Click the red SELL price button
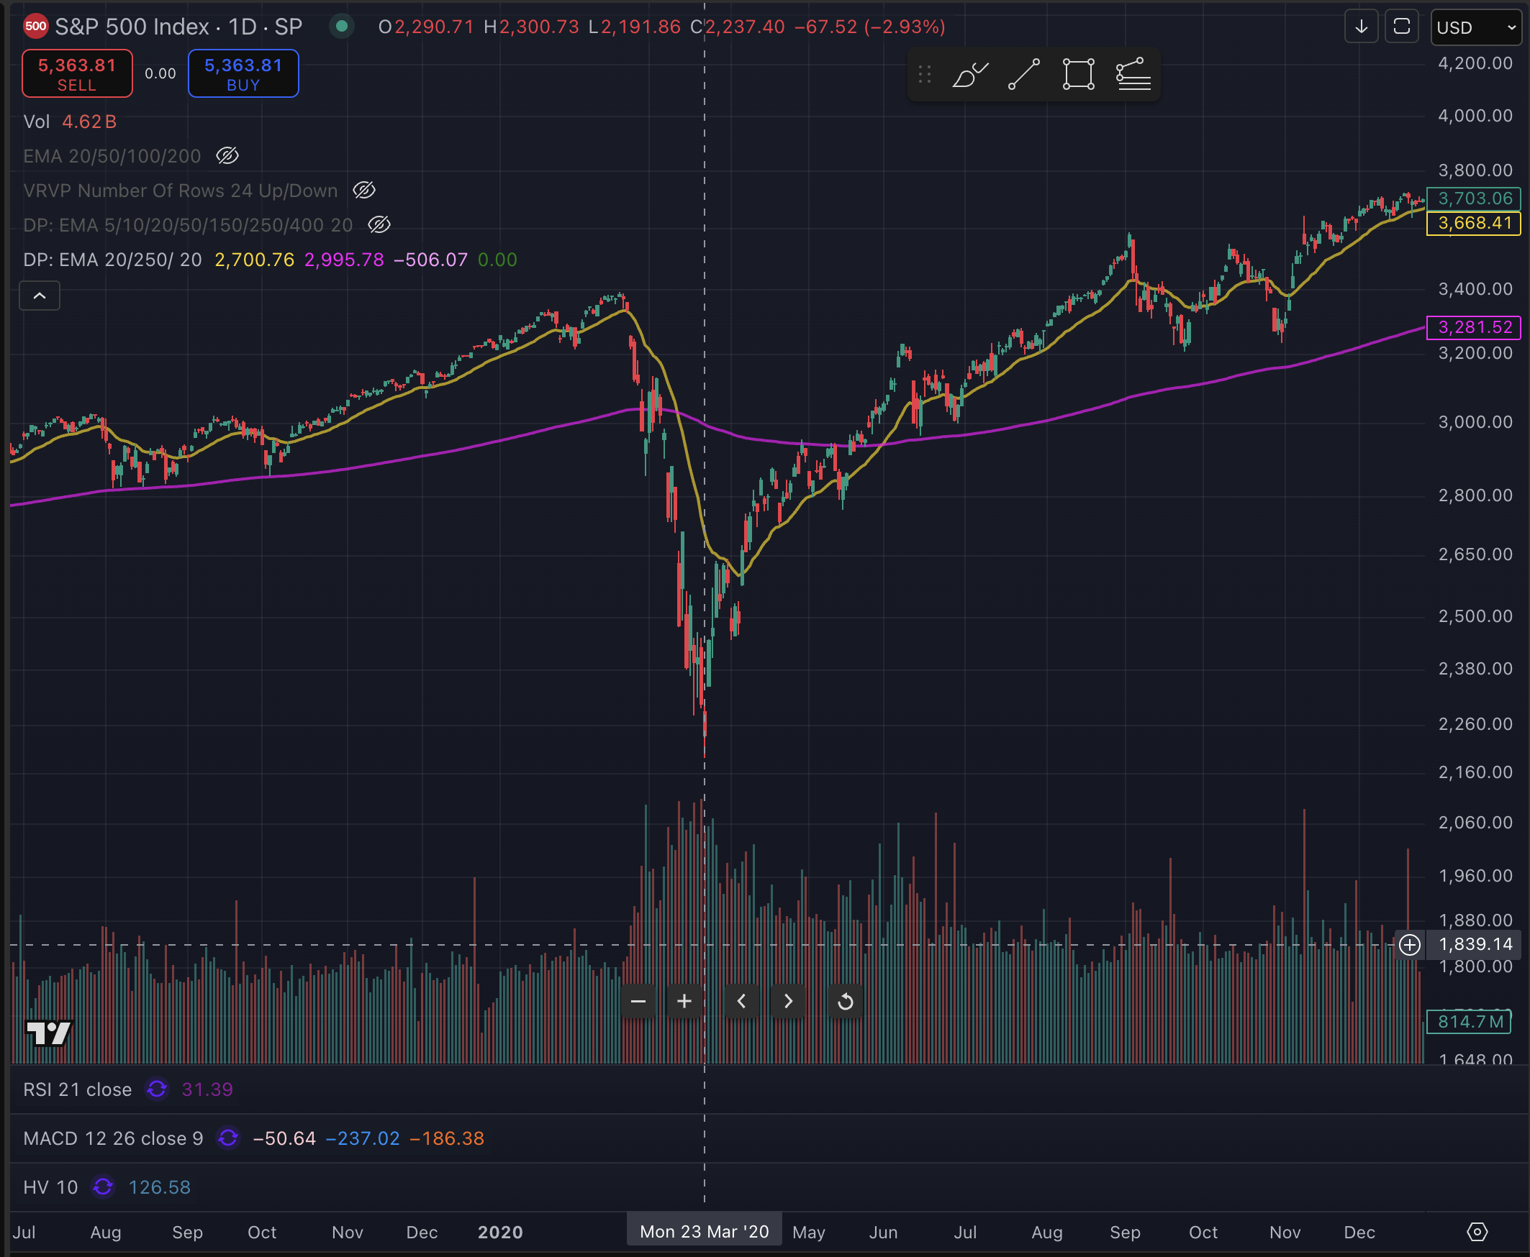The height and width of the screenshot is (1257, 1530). click(77, 73)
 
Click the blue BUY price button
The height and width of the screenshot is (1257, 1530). click(243, 73)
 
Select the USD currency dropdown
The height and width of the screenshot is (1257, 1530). click(1476, 27)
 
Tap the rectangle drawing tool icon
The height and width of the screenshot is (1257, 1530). click(1078, 74)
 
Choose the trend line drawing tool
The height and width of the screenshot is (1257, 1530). click(1023, 74)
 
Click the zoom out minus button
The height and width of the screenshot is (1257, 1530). click(638, 1002)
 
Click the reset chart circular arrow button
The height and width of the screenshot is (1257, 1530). click(845, 1002)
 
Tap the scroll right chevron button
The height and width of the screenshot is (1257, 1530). click(788, 1002)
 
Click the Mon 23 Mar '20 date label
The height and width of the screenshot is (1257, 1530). click(704, 1232)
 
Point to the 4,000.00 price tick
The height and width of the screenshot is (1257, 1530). click(1475, 116)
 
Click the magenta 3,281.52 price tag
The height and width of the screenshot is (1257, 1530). click(1473, 327)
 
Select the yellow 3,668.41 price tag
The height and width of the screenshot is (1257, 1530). click(1473, 223)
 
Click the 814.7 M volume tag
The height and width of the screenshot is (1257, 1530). click(1469, 1022)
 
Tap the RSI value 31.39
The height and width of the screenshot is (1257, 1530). click(207, 1089)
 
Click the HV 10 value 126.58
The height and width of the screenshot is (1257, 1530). click(159, 1187)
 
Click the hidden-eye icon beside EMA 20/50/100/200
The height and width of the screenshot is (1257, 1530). click(227, 155)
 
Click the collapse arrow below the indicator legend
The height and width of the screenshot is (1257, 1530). click(40, 296)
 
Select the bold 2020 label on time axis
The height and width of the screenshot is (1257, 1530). click(500, 1233)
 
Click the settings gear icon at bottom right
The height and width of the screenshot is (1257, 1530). click(1477, 1232)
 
